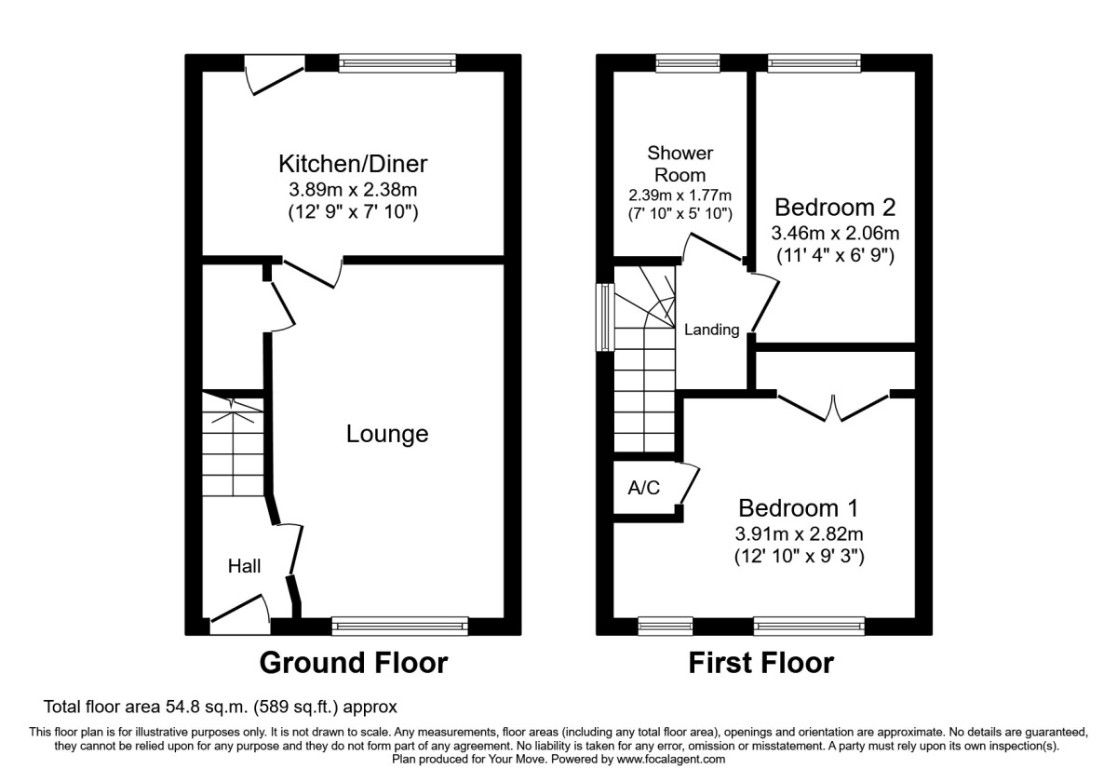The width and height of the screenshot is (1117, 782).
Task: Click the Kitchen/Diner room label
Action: click(353, 165)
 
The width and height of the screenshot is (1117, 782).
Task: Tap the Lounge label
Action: click(387, 434)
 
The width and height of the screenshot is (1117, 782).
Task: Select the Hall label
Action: click(245, 566)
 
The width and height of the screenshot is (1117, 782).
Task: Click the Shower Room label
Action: click(680, 163)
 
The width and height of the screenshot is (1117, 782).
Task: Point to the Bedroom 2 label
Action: click(835, 207)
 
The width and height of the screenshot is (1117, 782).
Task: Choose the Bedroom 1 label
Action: click(798, 508)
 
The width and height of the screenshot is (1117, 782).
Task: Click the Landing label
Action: click(711, 330)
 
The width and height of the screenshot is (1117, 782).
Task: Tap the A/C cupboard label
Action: click(644, 488)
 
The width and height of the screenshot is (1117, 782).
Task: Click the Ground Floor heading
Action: click(353, 663)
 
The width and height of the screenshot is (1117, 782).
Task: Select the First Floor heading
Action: click(760, 663)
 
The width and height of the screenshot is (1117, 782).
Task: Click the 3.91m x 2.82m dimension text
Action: click(798, 534)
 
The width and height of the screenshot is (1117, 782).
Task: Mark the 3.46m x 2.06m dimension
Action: click(835, 233)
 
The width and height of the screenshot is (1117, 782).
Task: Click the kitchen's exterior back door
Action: click(276, 75)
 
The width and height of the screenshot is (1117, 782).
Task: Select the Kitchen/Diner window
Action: click(397, 63)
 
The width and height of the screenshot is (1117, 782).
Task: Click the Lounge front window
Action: click(399, 626)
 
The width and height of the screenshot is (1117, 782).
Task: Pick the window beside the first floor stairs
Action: click(603, 317)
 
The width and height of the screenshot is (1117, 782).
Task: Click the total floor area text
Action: click(222, 708)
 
